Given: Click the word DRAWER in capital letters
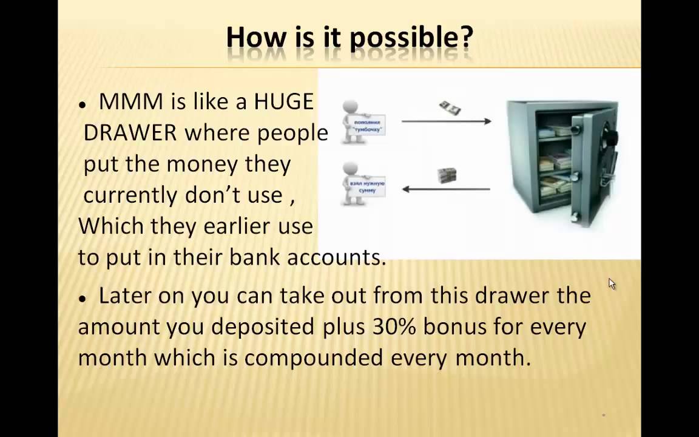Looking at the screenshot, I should click(x=130, y=133).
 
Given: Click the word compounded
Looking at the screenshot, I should click(x=313, y=358).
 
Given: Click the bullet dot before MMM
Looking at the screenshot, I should click(x=82, y=105).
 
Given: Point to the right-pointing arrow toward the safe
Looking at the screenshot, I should click(x=446, y=121).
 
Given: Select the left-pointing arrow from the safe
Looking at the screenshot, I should click(x=446, y=189).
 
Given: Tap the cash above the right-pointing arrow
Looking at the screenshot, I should click(x=450, y=108).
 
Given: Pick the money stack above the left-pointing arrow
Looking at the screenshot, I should click(x=447, y=176).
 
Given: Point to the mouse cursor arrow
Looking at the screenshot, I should click(x=612, y=283).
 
